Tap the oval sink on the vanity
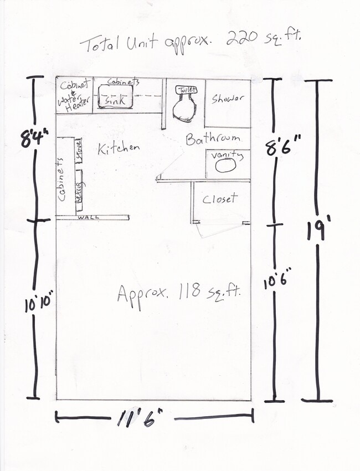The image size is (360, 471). pyautogui.click(x=225, y=167)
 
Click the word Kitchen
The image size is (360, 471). pyautogui.click(x=119, y=148)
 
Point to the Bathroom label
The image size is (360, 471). pyautogui.click(x=213, y=139)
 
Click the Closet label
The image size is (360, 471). pyautogui.click(x=220, y=198)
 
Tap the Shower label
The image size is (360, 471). pyautogui.click(x=228, y=99)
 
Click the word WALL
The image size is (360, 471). pyautogui.click(x=86, y=217)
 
